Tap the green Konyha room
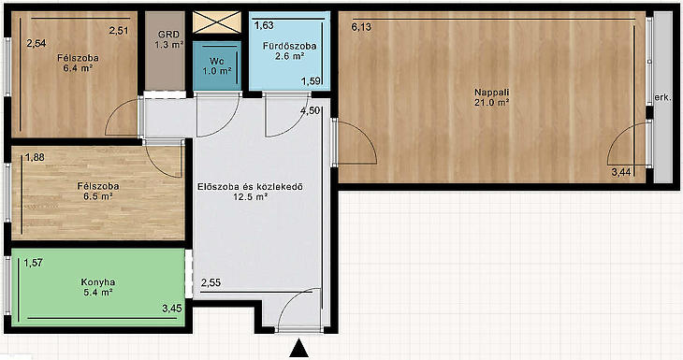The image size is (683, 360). pos(98,287)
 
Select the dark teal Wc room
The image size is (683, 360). pos(217,65)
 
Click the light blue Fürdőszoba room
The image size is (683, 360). pos(289,50)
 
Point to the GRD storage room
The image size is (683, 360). pos(166,50)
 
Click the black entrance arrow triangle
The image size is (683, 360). pos(298,349)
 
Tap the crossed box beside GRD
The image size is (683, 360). pos(217,22)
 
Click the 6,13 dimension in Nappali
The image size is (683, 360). pos(361,27)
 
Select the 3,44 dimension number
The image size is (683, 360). pos(621,172)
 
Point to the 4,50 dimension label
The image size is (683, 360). pos(310,110)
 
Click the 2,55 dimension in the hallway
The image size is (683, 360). pos(211,283)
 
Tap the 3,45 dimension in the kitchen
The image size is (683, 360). pos(172,309)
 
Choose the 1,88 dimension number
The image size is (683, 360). pos(35,157)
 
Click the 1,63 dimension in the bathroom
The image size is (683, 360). pos(264,25)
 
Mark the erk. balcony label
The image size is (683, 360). pos(663,98)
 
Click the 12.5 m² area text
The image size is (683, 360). pos(251,196)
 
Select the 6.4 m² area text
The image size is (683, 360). pos(78,68)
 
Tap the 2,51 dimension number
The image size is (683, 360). pos(119,31)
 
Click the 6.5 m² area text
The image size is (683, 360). pos(98,196)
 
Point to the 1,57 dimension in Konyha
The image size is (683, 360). pos(33,263)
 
